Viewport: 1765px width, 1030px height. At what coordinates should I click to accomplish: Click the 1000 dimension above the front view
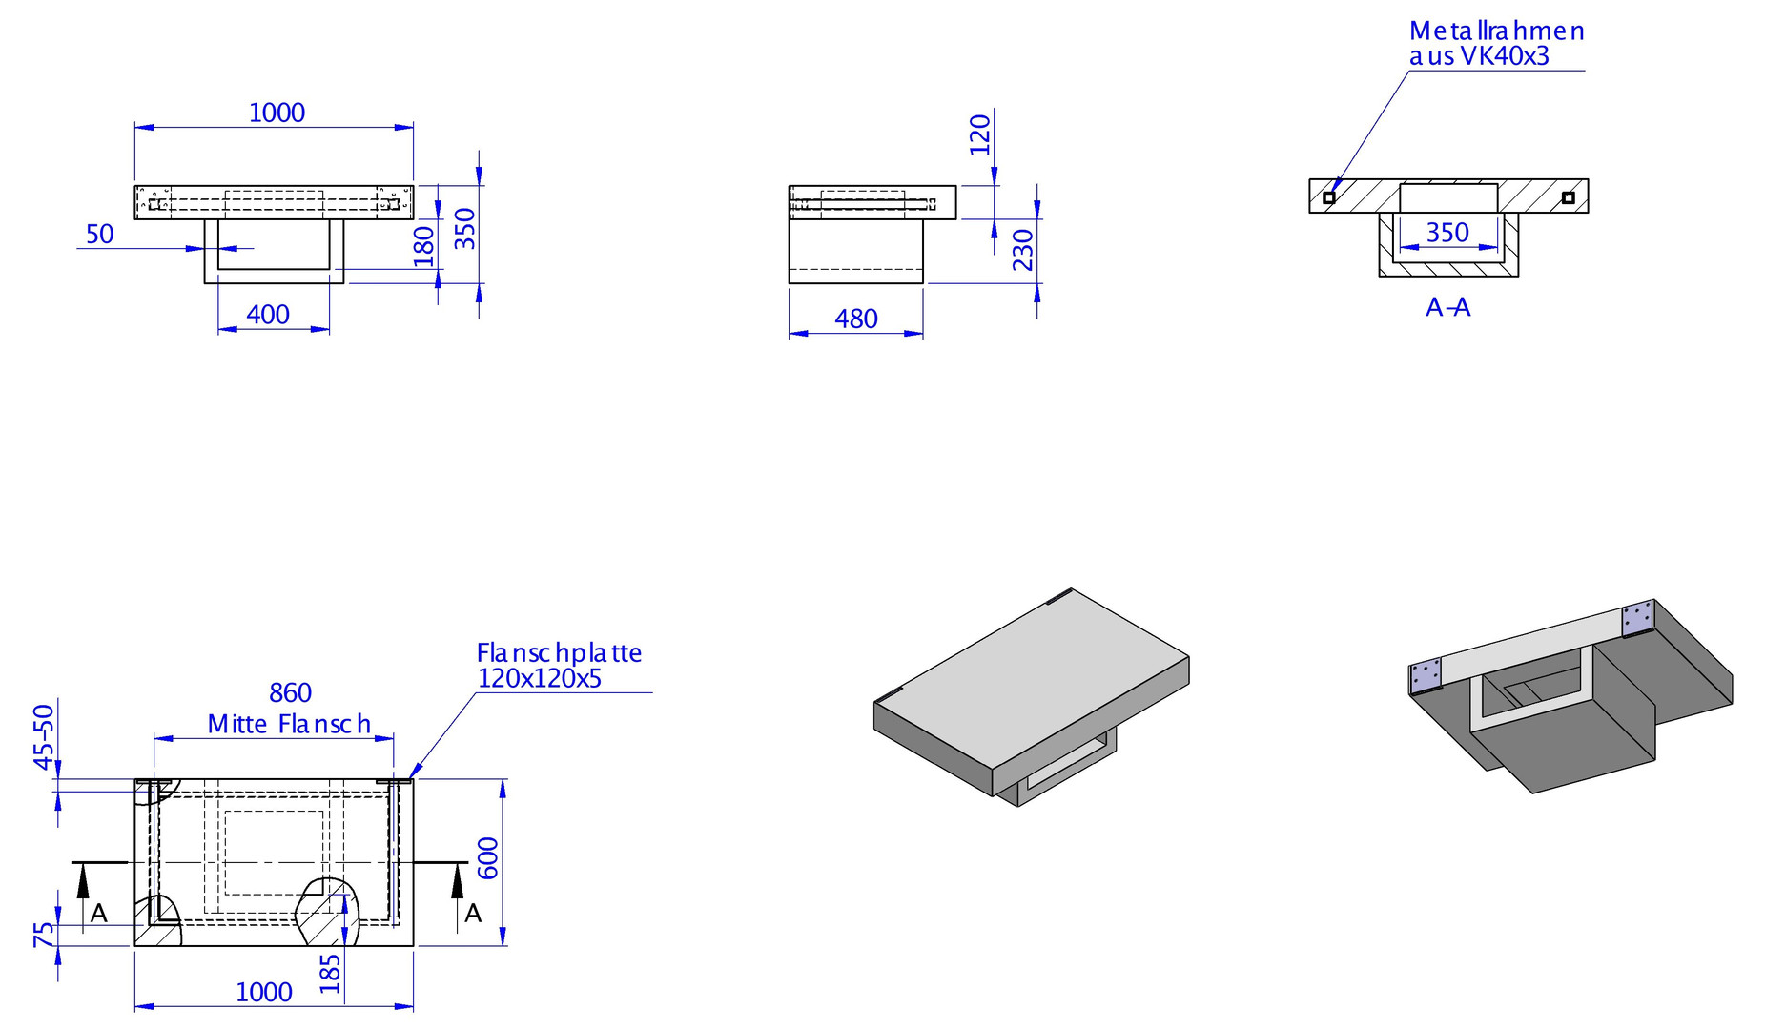[x=277, y=113]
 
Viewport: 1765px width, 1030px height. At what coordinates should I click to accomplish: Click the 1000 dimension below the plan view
[x=264, y=992]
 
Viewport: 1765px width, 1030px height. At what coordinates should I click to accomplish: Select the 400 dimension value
[x=268, y=315]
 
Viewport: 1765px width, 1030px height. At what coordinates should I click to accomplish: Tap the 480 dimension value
[x=856, y=319]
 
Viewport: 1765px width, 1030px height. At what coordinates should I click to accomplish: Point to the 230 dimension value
[x=1023, y=250]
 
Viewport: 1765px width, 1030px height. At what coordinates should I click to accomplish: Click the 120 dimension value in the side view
[x=980, y=134]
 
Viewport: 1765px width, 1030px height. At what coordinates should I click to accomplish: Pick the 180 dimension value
[x=423, y=246]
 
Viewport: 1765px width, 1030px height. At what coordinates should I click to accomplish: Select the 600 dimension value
[x=487, y=858]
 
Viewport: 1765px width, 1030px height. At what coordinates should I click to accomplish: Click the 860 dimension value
[x=291, y=692]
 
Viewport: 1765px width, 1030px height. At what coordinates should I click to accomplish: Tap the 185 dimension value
[x=330, y=974]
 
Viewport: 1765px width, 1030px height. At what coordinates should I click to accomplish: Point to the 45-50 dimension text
[x=44, y=736]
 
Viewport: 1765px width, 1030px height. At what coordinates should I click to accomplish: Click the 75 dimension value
[x=44, y=935]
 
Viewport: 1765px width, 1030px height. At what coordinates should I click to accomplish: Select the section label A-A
[x=1448, y=307]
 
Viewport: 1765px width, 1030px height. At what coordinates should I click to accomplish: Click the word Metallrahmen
[x=1497, y=31]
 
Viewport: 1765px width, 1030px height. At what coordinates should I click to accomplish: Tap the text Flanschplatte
[x=559, y=652]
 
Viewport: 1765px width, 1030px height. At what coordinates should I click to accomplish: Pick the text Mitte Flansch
[x=289, y=724]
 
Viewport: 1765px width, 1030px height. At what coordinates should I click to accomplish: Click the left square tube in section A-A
[x=1328, y=197]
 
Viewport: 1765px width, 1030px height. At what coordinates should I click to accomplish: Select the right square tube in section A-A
[x=1568, y=197]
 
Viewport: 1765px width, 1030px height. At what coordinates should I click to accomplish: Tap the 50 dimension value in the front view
[x=100, y=234]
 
